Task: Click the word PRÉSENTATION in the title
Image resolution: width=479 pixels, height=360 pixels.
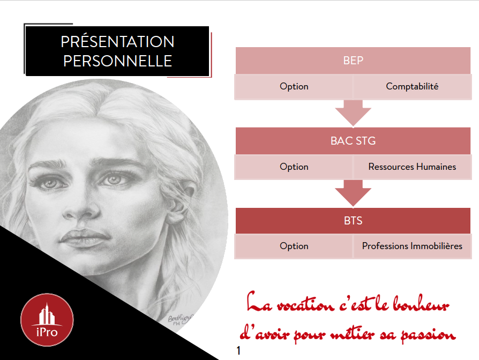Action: click(117, 41)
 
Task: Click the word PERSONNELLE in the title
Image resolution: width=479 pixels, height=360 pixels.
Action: click(118, 61)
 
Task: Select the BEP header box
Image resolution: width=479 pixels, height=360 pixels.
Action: click(353, 61)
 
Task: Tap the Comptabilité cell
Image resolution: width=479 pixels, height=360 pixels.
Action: click(412, 86)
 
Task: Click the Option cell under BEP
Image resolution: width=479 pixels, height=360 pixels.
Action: click(294, 86)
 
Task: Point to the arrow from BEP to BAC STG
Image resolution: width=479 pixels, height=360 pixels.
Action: click(353, 112)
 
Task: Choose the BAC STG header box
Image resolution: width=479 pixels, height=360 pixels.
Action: click(353, 141)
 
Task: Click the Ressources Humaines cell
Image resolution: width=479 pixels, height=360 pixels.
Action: click(412, 167)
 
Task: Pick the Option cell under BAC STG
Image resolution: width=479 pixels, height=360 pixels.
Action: click(294, 167)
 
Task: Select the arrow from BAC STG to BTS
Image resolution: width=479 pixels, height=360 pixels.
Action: click(353, 193)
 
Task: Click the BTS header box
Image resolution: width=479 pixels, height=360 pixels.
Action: click(353, 221)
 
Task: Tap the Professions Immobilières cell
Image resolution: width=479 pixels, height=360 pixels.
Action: click(412, 246)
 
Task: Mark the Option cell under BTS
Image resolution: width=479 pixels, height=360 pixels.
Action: click(294, 246)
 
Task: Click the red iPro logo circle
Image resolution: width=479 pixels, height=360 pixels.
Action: click(47, 320)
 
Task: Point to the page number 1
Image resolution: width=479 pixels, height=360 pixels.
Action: click(238, 350)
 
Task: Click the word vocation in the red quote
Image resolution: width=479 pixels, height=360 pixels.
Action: click(305, 305)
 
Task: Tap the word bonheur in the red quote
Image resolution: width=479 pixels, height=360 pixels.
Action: click(421, 304)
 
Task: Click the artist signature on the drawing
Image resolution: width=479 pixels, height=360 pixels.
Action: click(179, 320)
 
